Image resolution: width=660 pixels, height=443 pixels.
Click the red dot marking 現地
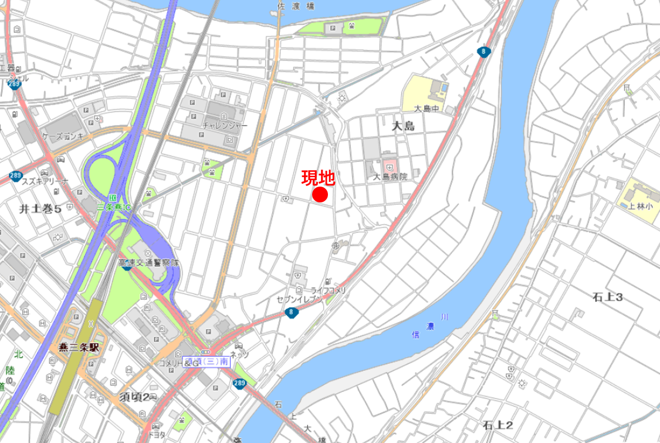[320, 195]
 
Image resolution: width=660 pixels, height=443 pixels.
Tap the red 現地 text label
[318, 178]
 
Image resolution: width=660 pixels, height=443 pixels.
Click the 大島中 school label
[426, 109]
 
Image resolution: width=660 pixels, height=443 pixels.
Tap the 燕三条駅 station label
[79, 347]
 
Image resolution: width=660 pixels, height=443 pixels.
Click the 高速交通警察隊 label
[148, 263]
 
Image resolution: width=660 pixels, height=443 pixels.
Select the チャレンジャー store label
[225, 126]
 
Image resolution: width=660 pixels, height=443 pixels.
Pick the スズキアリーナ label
[45, 181]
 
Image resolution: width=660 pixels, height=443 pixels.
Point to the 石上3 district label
[607, 297]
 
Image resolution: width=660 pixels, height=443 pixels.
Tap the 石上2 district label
[498, 425]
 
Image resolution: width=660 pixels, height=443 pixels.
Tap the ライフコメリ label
[329, 290]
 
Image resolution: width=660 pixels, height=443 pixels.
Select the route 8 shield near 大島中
[483, 52]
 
